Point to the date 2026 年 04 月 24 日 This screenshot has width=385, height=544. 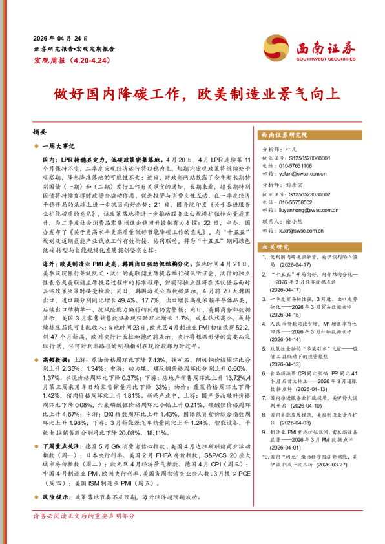(x=61, y=39)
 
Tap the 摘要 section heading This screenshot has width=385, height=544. (x=40, y=131)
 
